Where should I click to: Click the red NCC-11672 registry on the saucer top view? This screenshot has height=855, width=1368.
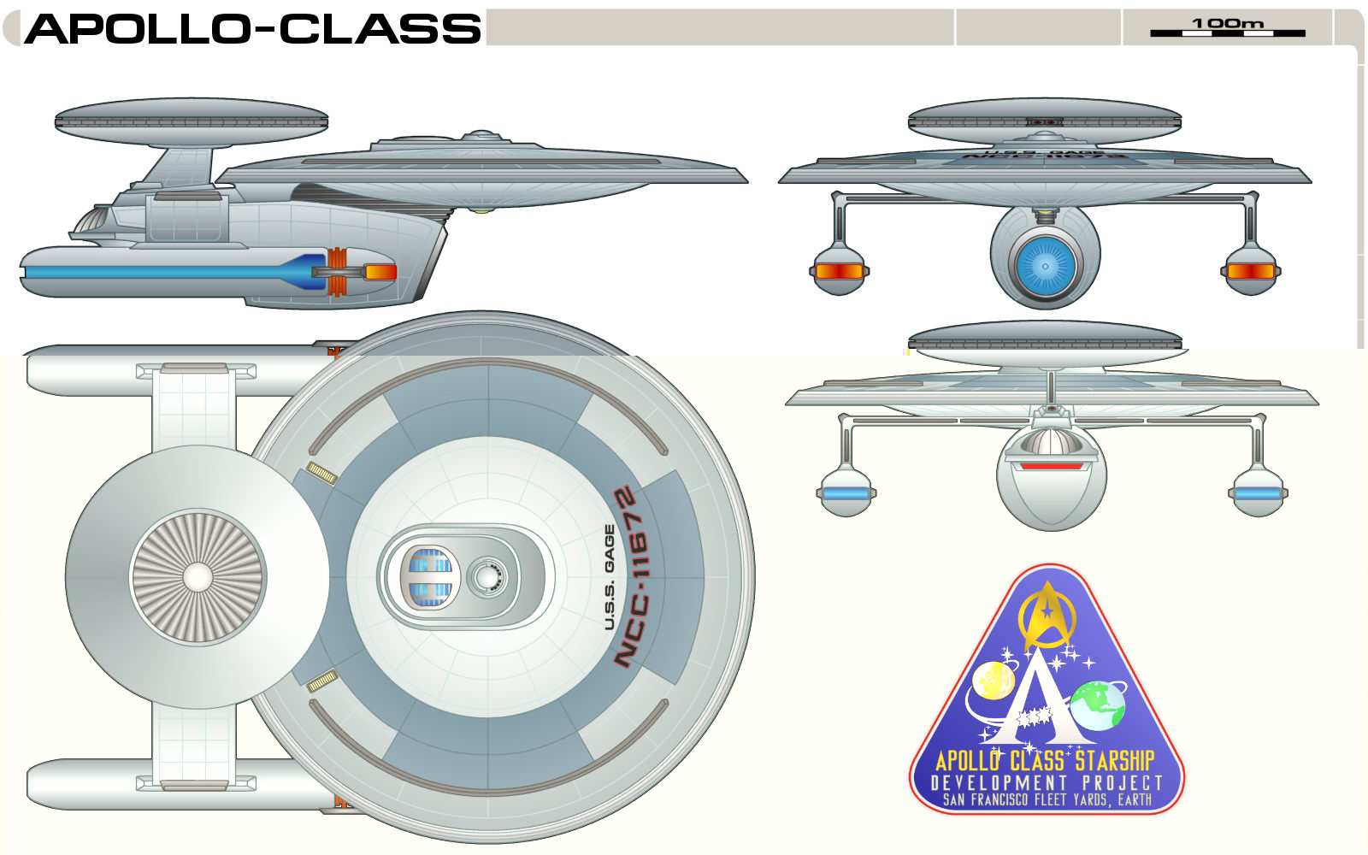point(636,577)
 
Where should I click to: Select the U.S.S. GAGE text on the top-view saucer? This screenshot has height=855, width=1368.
point(610,577)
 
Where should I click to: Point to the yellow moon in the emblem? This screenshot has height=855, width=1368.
point(994,684)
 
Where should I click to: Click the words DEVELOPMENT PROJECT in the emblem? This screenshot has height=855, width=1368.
point(1047,783)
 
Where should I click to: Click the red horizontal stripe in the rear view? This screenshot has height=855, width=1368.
point(1051,467)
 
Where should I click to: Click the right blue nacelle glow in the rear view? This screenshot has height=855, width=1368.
point(1257,494)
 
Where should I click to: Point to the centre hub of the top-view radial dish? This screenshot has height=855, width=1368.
point(196,577)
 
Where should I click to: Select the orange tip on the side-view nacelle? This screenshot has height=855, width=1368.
point(381,273)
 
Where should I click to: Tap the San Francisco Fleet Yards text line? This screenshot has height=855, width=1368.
point(1047,801)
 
